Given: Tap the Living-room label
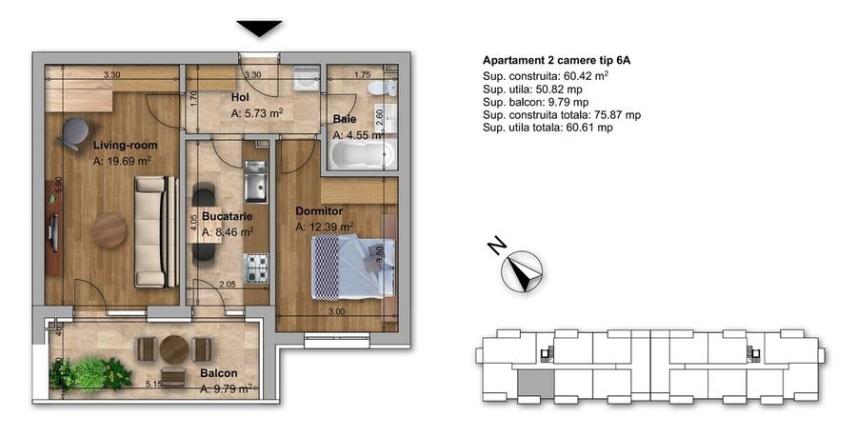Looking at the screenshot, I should point(125,145).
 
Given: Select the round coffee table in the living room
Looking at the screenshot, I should point(109,229).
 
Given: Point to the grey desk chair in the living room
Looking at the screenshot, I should point(70,134).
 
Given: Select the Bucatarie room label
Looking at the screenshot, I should point(221,216).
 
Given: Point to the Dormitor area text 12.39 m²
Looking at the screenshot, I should point(325,227).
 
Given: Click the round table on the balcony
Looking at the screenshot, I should point(172,349).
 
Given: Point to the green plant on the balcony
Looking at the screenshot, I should point(91,371).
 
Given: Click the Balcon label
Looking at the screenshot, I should point(218,373).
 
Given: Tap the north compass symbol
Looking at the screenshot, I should point(522,272).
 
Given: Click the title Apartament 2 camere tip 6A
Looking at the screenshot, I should point(557,60).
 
